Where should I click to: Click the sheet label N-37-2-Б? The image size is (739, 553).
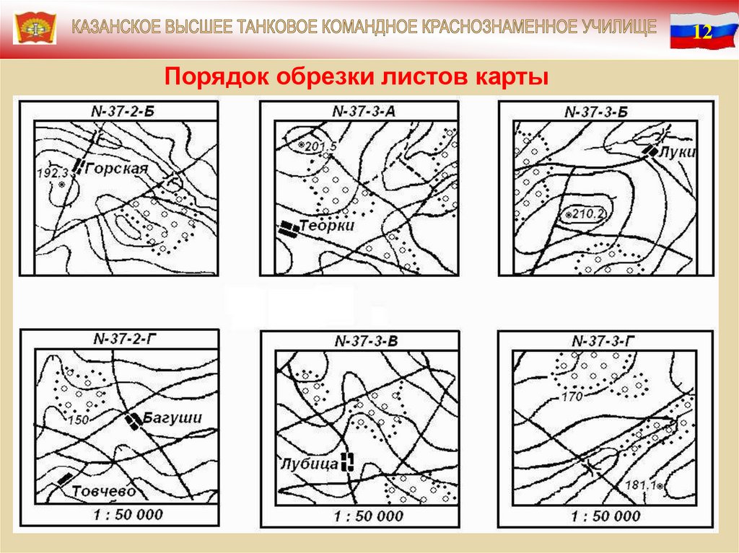123,112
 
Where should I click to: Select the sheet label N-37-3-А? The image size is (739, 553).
364,111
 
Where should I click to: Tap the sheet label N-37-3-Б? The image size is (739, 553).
596,112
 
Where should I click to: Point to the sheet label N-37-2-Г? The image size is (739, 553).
125,339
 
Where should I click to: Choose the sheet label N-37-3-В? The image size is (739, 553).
366,341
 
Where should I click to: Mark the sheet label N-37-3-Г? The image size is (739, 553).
603,341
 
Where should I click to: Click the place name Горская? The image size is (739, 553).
118,168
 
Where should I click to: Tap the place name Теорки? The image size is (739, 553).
327,226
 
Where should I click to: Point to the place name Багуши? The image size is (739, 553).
172,417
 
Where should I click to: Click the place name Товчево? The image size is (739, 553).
104,491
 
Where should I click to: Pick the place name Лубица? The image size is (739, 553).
310,464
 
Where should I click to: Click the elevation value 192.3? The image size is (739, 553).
53,173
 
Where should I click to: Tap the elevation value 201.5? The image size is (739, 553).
321,146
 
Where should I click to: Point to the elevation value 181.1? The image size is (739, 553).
641,485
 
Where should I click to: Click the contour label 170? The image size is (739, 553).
572,397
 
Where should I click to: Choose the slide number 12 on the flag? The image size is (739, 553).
702,32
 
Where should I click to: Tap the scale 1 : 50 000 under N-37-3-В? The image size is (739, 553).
369,516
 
